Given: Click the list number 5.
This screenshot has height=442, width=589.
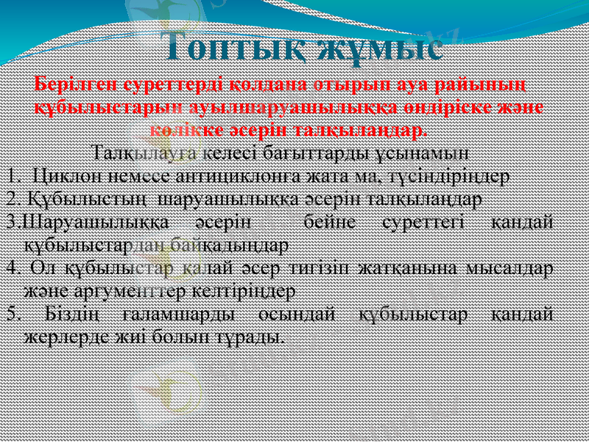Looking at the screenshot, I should click(9, 314).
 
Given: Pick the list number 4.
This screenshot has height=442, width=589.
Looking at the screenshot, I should click(9, 267).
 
